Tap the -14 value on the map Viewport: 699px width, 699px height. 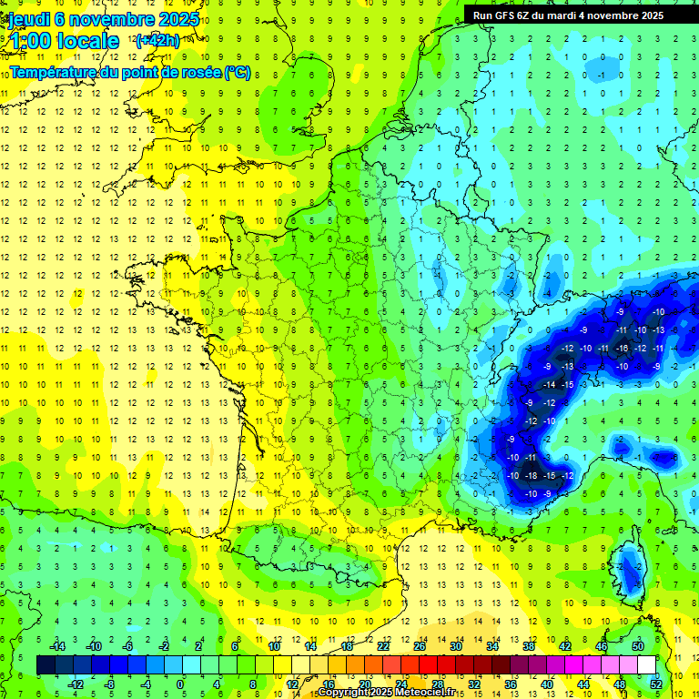(550, 385)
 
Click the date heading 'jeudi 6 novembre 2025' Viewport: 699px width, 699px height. (102, 19)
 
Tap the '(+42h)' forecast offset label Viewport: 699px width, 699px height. (157, 41)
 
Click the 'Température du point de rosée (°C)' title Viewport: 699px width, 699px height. (130, 72)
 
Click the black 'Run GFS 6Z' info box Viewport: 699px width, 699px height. (580, 15)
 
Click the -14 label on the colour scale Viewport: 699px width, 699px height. (56, 646)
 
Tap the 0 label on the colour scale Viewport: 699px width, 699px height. (179, 684)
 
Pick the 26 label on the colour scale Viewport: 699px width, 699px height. (420, 646)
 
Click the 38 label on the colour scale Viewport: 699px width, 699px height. (529, 646)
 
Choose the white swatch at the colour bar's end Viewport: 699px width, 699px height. (646, 664)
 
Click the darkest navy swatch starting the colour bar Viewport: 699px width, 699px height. (46, 664)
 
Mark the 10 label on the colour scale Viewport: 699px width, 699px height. (274, 646)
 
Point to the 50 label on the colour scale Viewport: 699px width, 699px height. (638, 646)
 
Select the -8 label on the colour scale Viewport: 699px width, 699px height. (110, 684)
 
